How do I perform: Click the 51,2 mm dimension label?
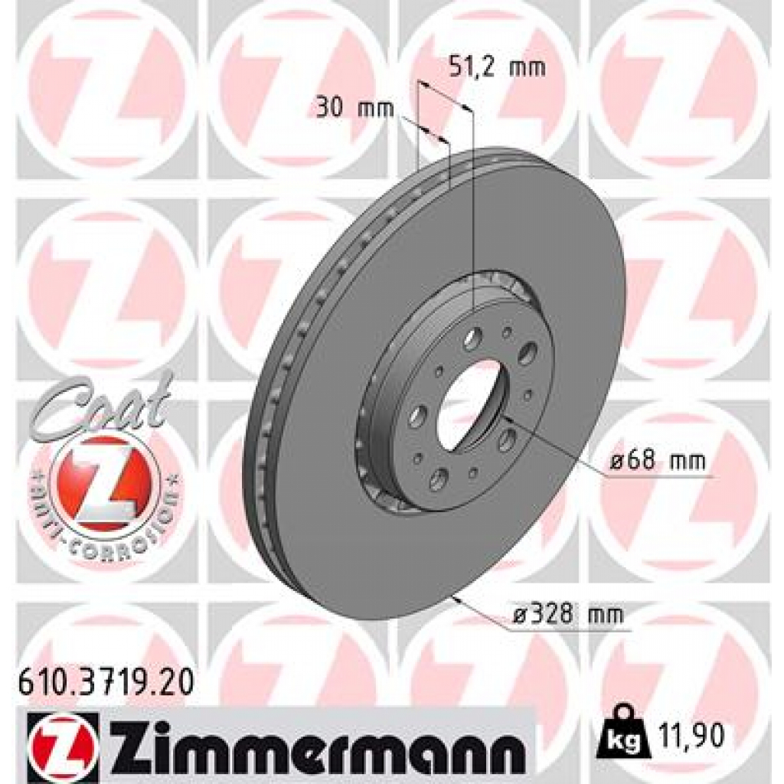[x=495, y=68]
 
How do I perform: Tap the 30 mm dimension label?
[x=354, y=108]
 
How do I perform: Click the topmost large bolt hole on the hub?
[x=472, y=336]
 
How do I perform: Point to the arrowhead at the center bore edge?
[x=508, y=417]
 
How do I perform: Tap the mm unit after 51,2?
[x=528, y=68]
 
